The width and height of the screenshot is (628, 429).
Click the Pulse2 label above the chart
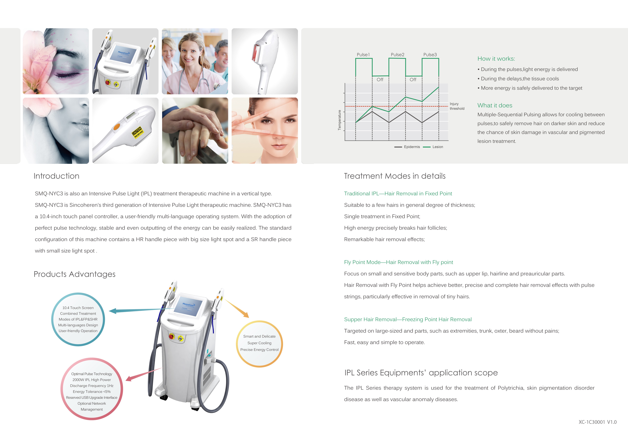(x=397, y=55)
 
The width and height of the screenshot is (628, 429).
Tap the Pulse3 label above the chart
(x=430, y=55)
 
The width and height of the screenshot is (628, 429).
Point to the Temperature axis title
(x=339, y=120)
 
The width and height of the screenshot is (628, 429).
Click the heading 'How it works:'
(x=496, y=59)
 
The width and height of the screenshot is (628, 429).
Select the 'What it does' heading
(x=495, y=105)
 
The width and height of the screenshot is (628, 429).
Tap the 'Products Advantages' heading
(x=75, y=274)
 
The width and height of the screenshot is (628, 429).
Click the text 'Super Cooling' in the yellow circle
(x=259, y=343)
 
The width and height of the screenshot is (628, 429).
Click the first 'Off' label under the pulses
(x=380, y=80)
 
